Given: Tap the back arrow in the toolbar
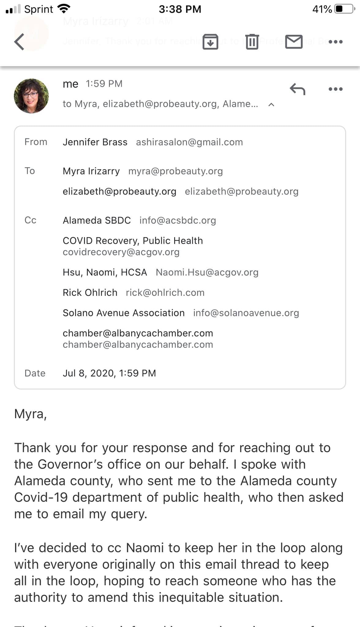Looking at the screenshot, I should coord(19,42).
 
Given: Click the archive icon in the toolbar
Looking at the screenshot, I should coord(210,42).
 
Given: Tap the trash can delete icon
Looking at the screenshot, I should coord(252,42).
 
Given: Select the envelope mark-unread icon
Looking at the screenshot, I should coord(294,42).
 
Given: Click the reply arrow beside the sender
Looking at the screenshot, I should coord(297,89).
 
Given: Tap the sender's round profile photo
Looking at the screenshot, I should coord(31,96).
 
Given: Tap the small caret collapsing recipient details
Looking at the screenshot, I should coord(271,105).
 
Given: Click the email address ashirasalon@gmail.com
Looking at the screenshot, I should coord(189,142).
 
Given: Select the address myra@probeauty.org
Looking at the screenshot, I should coord(175,171).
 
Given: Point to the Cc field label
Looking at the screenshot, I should coord(30,220).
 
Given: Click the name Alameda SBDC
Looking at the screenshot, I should coord(96,220).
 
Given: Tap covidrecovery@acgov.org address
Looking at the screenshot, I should coord(121,252).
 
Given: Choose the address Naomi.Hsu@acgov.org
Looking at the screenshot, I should coord(207,272).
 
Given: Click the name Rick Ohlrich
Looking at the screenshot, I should coord(90,293).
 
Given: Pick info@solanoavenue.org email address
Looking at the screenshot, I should coord(246,313).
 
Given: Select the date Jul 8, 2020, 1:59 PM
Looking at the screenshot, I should coord(109,373).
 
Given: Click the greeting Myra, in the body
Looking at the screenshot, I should coord(30,414).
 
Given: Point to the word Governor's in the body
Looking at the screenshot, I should coord(70,464).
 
